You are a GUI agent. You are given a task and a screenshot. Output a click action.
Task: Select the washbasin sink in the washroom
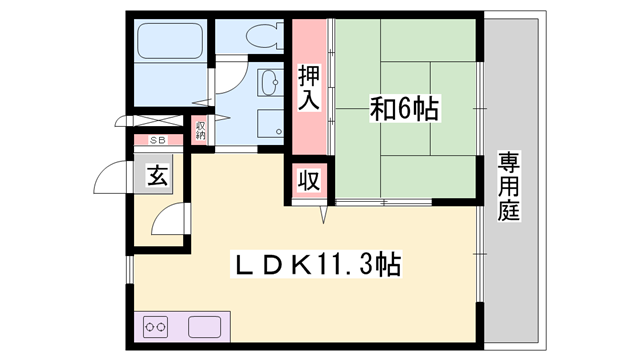pos(269,83)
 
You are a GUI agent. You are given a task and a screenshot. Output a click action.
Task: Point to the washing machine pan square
pos(269,124)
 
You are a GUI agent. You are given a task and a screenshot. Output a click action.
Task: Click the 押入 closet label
pos(309,87)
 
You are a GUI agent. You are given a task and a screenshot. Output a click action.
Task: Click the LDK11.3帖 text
pos(318,265)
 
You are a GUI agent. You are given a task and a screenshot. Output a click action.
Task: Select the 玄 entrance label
pos(158,178)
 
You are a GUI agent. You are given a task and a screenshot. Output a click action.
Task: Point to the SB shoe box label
pos(157,141)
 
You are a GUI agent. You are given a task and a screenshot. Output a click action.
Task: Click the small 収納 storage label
pos(200,130)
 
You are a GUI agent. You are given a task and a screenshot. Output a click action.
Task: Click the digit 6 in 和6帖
pos(403,106)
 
